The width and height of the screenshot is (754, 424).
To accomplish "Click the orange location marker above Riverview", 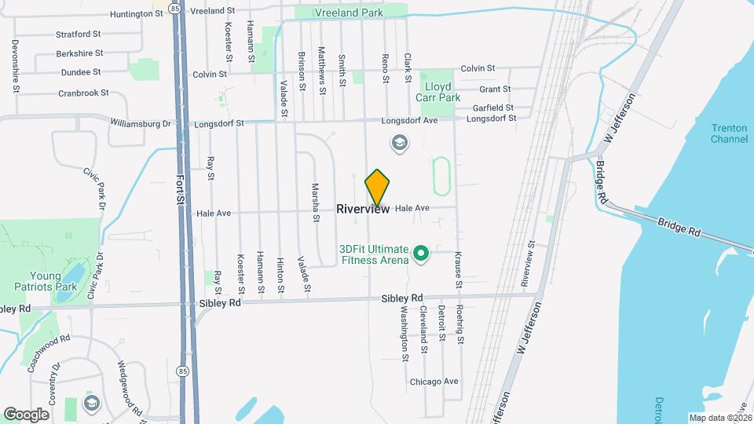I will (378, 187).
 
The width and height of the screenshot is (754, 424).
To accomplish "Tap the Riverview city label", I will (363, 209).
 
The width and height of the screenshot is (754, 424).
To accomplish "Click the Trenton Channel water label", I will (729, 133).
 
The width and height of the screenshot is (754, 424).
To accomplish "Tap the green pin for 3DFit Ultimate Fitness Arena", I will (420, 253).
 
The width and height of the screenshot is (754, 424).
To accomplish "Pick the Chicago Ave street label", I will (434, 382).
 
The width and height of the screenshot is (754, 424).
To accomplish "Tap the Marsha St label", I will (315, 203).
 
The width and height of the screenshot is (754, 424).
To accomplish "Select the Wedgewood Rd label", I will (129, 388).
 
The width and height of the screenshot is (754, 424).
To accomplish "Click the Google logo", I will (26, 414).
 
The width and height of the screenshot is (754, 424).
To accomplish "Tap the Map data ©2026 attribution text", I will (719, 418).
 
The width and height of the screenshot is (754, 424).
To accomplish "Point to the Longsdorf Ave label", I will (409, 121).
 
